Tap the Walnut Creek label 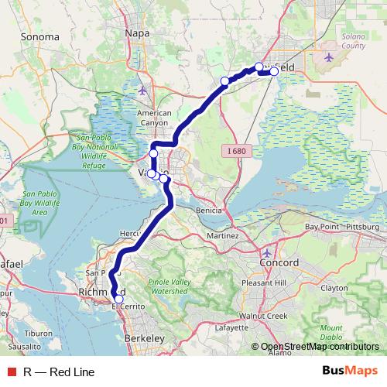[x=263, y=317]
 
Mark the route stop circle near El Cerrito [x=118, y=299]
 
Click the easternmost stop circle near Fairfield [x=274, y=71]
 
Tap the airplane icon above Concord [x=268, y=253]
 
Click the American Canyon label [x=153, y=118]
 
